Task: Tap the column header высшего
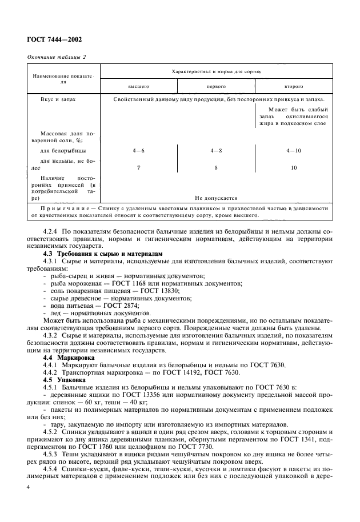(x=138, y=86)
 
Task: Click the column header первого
(x=215, y=86)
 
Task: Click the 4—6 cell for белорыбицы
(x=138, y=150)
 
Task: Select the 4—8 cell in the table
(x=215, y=150)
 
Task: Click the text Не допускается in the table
(x=215, y=198)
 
